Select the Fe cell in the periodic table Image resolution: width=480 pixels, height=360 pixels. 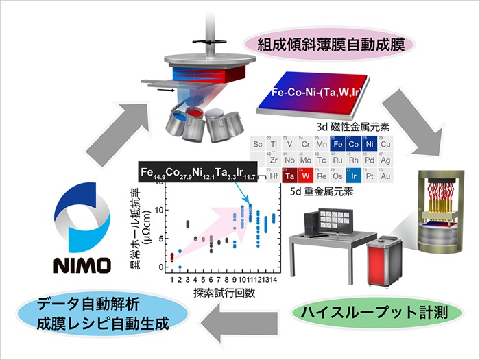(x=337, y=144)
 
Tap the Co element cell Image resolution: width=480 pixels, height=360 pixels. (x=353, y=144)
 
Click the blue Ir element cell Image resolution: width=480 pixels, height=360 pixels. (x=353, y=176)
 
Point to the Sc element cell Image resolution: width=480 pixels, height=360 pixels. (x=258, y=144)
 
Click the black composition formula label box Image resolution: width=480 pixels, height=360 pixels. (x=197, y=173)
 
